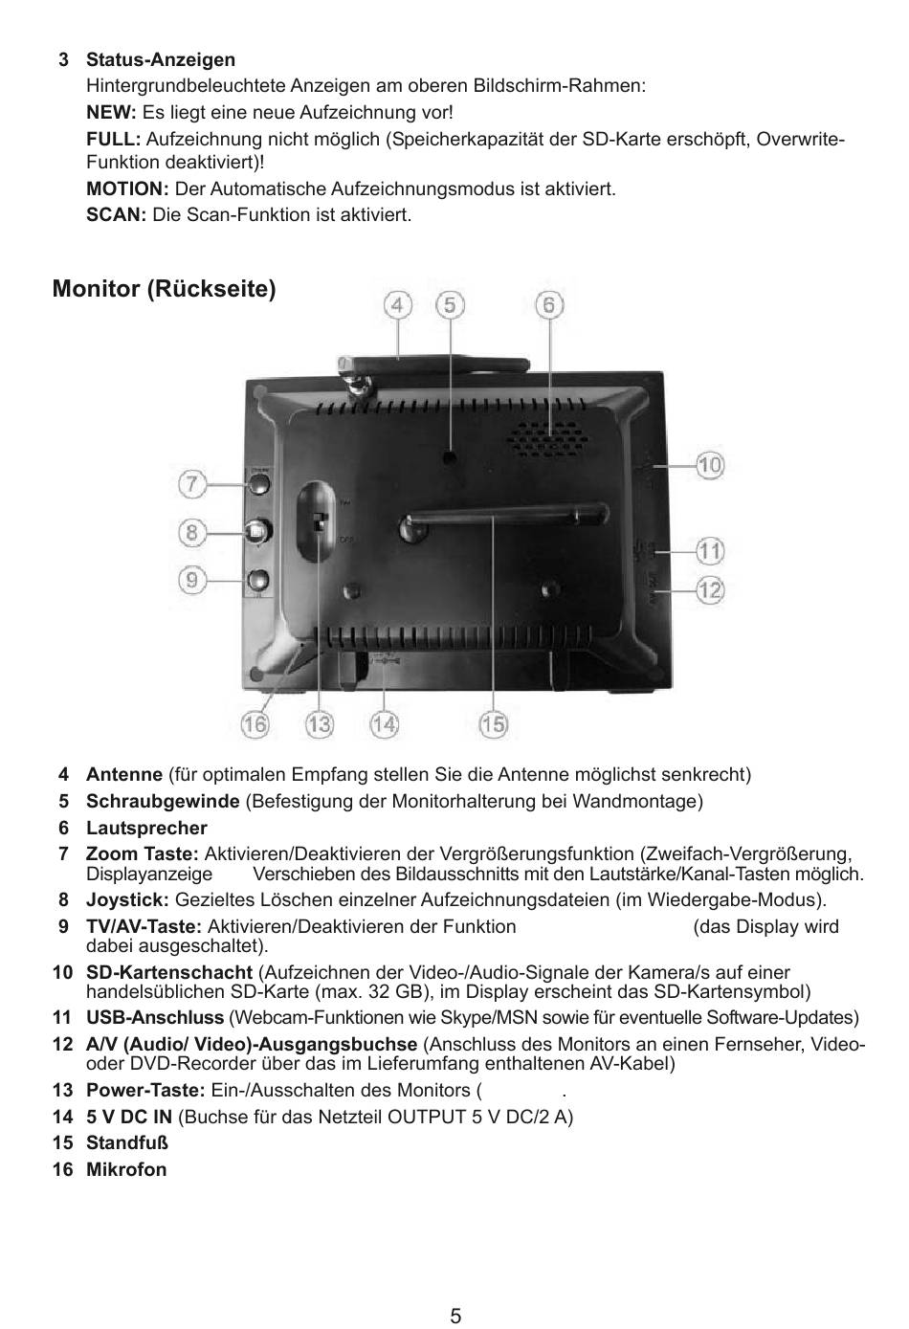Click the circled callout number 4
point(398,305)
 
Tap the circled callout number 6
point(548,305)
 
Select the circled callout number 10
point(709,466)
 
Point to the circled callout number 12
point(709,590)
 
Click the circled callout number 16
point(255,724)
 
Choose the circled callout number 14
point(384,724)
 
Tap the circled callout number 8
point(192,530)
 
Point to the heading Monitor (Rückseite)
point(165,289)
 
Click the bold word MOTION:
point(127,188)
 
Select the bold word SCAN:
point(116,214)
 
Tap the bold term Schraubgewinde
point(163,801)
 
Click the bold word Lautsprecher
point(146,828)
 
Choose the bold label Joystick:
point(127,899)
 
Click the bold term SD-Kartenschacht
point(169,973)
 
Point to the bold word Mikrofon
point(126,1169)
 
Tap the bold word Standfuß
point(127,1142)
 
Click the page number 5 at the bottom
point(455,1316)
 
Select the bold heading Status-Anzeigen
point(161,60)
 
